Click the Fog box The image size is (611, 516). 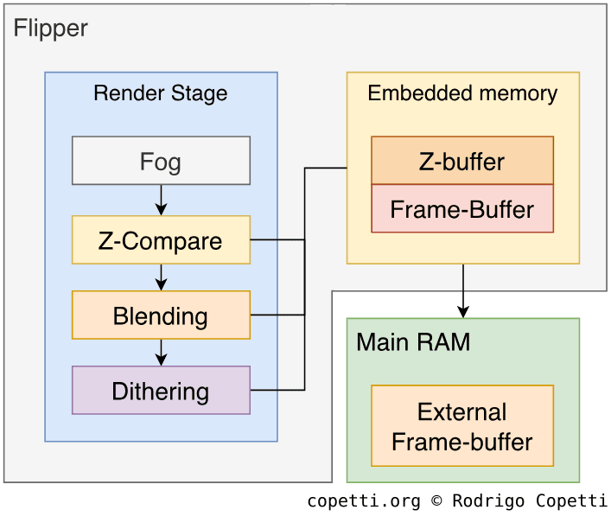pyautogui.click(x=161, y=161)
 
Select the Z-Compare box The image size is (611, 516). pyautogui.click(x=161, y=240)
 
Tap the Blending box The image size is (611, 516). pyautogui.click(x=161, y=315)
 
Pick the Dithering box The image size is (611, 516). pyautogui.click(x=161, y=391)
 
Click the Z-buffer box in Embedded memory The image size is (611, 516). pyautogui.click(x=462, y=161)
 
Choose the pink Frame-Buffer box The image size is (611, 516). pyautogui.click(x=462, y=209)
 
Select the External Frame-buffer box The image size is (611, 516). pyautogui.click(x=462, y=427)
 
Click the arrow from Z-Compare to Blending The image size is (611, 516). pyautogui.click(x=161, y=277)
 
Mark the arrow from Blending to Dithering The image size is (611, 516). pyautogui.click(x=161, y=353)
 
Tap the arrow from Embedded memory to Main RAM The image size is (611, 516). pyautogui.click(x=463, y=291)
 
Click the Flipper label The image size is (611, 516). pyautogui.click(x=50, y=28)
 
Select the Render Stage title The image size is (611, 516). pyautogui.click(x=161, y=93)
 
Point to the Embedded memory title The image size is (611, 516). pyautogui.click(x=462, y=93)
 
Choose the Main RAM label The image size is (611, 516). pyautogui.click(x=413, y=342)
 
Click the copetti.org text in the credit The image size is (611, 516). pyautogui.click(x=364, y=501)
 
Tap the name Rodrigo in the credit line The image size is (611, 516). pyautogui.click(x=488, y=501)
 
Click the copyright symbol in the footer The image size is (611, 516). pyautogui.click(x=436, y=501)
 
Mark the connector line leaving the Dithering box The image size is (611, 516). pyautogui.click(x=277, y=391)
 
